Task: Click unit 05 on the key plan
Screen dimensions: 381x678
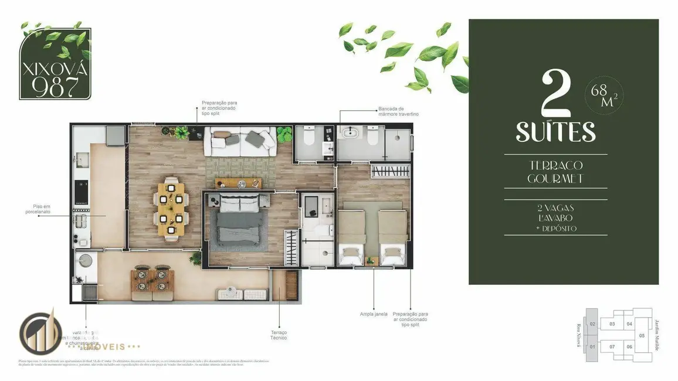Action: click(x=642, y=336)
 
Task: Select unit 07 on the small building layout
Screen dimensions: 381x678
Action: click(x=612, y=346)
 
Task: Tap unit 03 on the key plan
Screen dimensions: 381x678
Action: click(x=612, y=324)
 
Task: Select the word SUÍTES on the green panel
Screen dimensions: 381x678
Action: click(x=555, y=132)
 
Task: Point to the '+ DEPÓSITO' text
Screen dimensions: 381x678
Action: click(x=555, y=228)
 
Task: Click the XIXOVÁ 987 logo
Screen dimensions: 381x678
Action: click(x=55, y=64)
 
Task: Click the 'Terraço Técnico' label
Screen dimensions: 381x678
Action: click(x=279, y=335)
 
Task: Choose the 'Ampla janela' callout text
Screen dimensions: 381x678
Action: click(x=374, y=314)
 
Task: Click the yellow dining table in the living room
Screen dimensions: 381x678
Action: click(x=171, y=209)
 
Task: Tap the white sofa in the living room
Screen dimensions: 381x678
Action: click(x=239, y=141)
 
